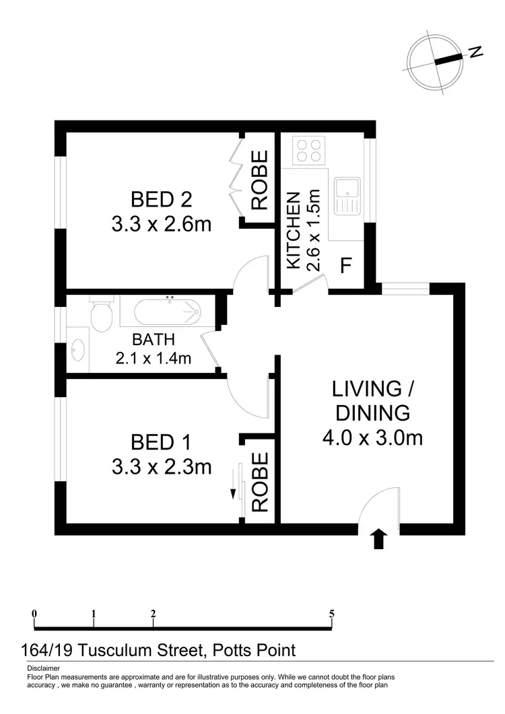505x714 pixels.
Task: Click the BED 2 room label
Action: click(161, 199)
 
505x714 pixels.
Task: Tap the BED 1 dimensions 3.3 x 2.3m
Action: click(162, 466)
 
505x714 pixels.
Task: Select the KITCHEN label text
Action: click(293, 231)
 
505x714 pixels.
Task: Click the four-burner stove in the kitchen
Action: click(310, 150)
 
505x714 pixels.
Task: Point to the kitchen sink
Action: click(349, 192)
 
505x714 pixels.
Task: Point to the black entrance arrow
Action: click(379, 539)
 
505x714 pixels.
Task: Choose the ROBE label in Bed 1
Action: click(260, 481)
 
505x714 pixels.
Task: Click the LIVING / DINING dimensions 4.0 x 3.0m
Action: click(372, 437)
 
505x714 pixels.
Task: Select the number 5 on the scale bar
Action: click(332, 613)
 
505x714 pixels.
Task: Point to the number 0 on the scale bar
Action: click(34, 613)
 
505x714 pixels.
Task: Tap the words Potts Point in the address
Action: click(254, 650)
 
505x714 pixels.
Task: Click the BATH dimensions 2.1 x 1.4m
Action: click(154, 359)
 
